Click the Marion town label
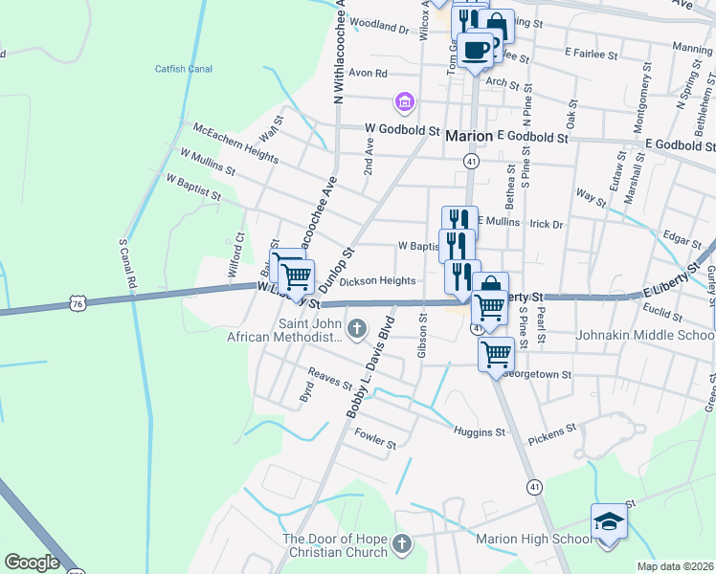click(469, 137)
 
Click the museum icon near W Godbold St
click(404, 100)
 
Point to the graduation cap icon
click(609, 521)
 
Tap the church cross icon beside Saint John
click(357, 330)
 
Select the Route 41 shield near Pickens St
click(534, 487)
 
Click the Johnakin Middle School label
click(644, 336)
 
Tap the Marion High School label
click(534, 540)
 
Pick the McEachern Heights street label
click(235, 140)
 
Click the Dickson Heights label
click(377, 281)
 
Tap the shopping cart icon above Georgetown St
click(496, 354)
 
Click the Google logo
click(32, 563)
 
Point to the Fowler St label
click(375, 443)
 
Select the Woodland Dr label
click(379, 27)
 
